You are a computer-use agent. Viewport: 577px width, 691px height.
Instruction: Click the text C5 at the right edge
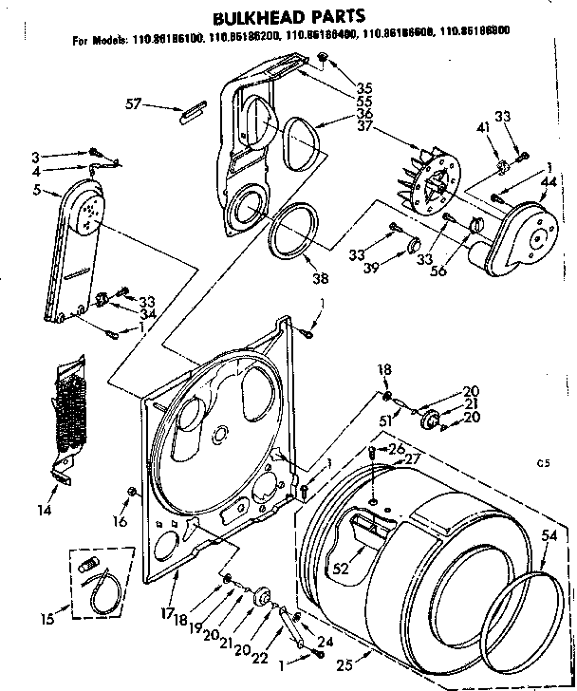543,464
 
